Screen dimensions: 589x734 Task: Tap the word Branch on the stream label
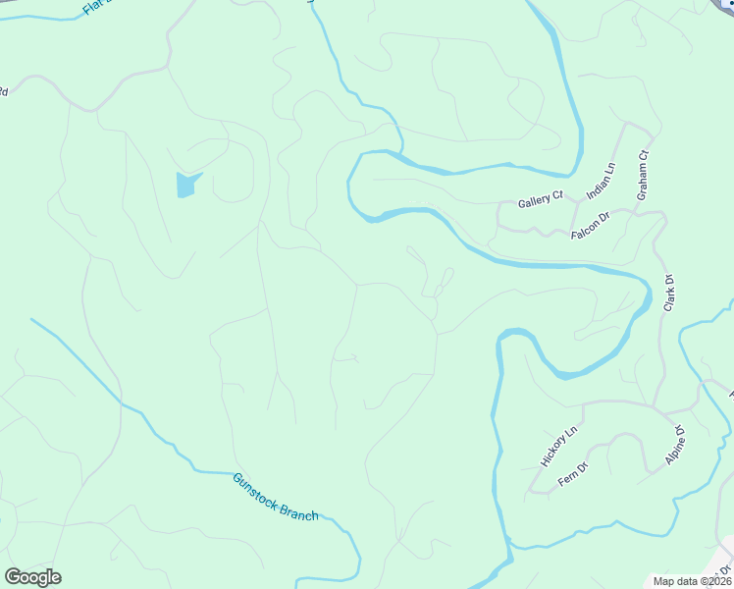(298, 510)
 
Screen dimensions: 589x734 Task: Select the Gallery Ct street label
(540, 200)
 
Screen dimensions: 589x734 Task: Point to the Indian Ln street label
(600, 183)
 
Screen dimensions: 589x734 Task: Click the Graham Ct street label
(644, 175)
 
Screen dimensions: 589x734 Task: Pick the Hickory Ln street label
(559, 446)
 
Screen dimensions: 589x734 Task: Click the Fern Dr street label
(572, 474)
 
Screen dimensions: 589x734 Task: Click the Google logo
(32, 576)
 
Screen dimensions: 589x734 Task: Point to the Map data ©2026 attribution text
(691, 581)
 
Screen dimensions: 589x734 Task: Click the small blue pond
(186, 184)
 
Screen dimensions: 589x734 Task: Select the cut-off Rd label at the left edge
(3, 91)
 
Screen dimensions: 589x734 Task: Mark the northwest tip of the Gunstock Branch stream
(32, 319)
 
